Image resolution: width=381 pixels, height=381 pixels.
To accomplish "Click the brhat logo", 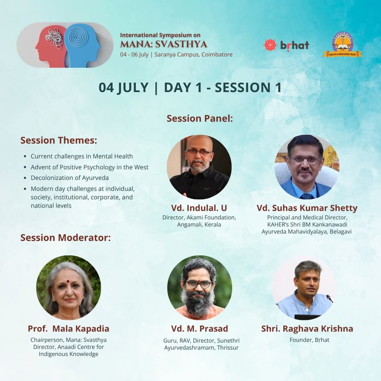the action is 286,45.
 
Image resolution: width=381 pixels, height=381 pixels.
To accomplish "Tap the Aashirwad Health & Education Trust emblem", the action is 342,44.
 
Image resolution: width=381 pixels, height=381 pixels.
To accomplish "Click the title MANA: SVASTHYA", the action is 164,44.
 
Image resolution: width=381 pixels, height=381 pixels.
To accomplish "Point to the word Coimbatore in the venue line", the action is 217,54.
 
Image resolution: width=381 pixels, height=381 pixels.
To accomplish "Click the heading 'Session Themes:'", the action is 59,140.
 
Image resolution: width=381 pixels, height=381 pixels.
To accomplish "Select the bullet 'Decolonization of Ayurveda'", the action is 70,178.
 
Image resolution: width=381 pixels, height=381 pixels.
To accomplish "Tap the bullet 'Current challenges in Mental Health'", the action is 81,156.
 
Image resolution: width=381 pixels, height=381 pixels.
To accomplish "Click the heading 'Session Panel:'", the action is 200,119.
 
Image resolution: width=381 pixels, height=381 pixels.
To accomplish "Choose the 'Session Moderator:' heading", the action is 66,238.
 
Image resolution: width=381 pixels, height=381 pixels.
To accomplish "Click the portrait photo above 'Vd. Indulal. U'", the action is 199,167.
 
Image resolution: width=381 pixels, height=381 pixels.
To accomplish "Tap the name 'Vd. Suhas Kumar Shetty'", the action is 307,208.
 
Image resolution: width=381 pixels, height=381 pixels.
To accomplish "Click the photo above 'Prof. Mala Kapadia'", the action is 68,288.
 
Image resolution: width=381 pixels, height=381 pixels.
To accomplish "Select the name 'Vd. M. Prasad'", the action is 199,328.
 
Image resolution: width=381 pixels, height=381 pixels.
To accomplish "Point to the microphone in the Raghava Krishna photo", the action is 329,298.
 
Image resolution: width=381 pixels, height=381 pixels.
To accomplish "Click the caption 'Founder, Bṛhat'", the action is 310,340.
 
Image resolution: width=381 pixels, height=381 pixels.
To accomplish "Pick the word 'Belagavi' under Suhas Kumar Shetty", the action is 341,231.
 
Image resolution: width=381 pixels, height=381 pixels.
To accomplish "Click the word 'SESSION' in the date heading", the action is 242,87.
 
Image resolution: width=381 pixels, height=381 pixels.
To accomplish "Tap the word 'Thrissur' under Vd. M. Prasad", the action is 228,348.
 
